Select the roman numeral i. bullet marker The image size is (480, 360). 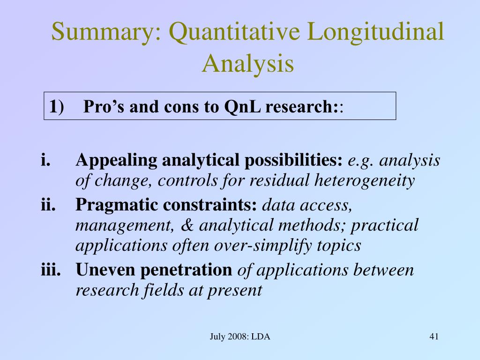(45, 161)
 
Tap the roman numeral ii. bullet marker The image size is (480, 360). (48, 205)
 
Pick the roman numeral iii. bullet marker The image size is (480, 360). (50, 270)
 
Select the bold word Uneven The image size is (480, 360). (99, 270)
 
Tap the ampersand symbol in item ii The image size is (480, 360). (187, 225)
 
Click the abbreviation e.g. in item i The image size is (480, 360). (360, 161)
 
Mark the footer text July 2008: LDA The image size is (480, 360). (240, 337)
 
